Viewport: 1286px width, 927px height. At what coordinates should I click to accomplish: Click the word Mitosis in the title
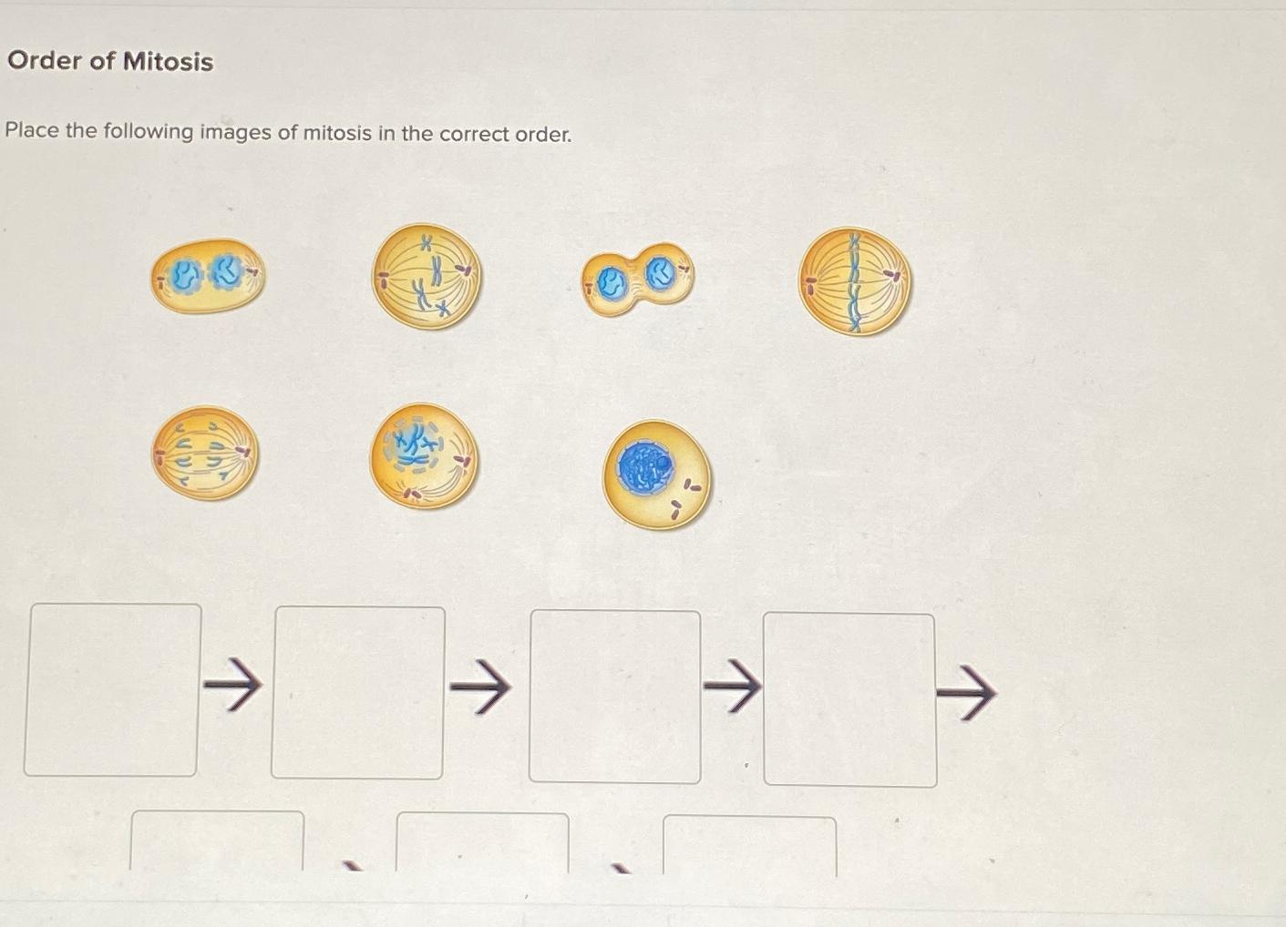[x=168, y=62]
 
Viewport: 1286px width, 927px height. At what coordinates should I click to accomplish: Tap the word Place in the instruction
[x=32, y=130]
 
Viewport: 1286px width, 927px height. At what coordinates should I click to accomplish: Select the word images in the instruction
[x=235, y=132]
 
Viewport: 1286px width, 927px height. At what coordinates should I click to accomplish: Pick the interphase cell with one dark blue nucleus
[x=655, y=474]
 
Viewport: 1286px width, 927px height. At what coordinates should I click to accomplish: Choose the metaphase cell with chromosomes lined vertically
[x=854, y=280]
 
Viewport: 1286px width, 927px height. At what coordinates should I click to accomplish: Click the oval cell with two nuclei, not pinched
[x=208, y=275]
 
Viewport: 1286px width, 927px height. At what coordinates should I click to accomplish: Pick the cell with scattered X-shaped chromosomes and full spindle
[x=427, y=277]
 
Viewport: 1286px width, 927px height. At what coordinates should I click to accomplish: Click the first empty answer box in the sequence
[x=112, y=689]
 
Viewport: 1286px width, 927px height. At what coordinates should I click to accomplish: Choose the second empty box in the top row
[x=357, y=693]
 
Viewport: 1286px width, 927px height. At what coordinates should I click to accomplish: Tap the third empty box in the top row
[x=615, y=697]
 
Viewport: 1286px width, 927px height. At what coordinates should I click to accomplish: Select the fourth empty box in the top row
[x=849, y=699]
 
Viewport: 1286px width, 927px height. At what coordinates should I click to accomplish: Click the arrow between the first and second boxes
[x=232, y=684]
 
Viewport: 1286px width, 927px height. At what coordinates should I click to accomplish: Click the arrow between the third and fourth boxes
[x=732, y=688]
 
